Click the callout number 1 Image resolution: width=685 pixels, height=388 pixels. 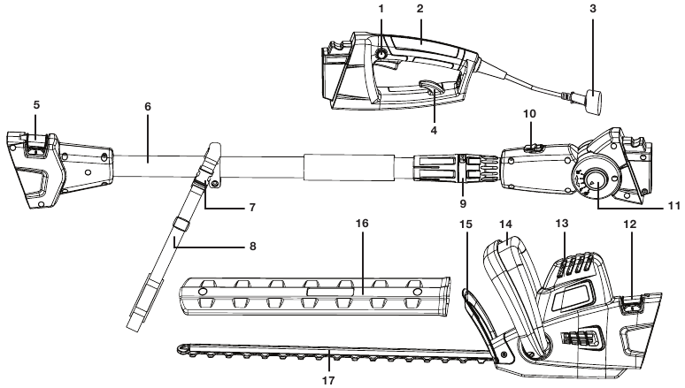[381, 9]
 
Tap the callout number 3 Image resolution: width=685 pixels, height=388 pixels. [593, 9]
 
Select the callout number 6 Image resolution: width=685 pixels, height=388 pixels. [148, 106]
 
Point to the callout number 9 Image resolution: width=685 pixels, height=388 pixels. [463, 203]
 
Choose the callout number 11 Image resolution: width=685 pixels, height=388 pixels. [674, 206]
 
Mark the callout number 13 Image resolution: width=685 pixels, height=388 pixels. [562, 224]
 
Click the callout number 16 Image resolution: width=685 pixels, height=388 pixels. [362, 224]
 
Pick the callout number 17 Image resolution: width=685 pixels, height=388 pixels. [328, 381]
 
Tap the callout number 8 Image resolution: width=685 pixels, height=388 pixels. [252, 247]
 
